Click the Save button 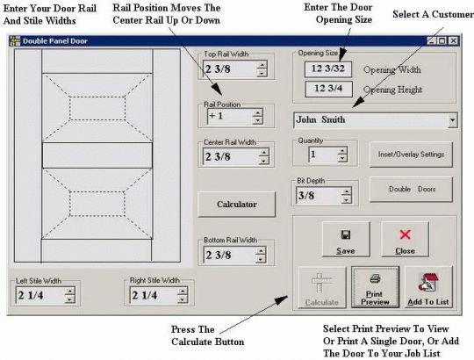pos(345,238)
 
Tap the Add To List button pos(429,288)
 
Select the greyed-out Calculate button pos(321,288)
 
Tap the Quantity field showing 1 pos(321,155)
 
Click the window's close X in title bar pos(454,40)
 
